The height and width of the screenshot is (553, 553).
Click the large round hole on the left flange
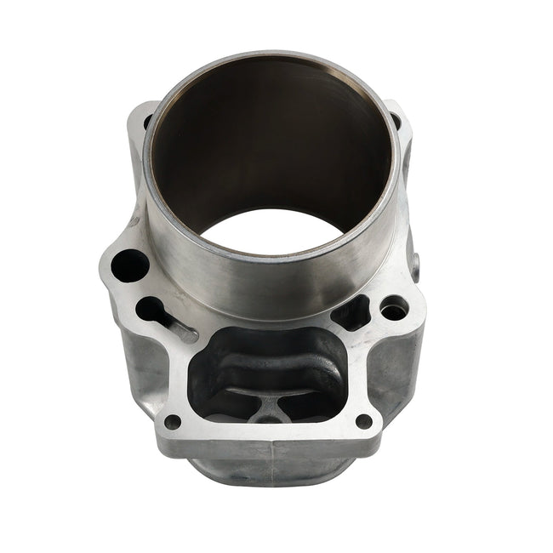click(129, 265)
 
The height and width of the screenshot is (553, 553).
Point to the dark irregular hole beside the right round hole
click(351, 313)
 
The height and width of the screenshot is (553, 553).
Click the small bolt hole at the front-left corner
click(173, 421)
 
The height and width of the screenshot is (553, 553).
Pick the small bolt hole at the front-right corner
click(364, 420)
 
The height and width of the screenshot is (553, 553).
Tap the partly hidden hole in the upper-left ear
click(146, 121)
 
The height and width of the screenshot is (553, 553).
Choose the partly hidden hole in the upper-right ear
click(396, 122)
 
